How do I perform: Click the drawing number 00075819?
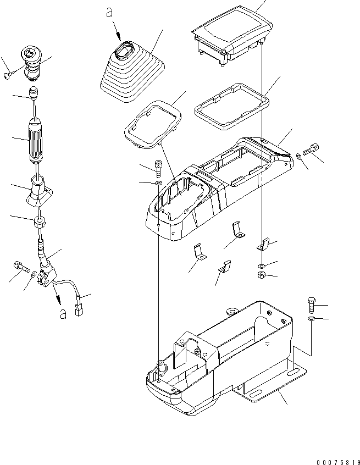331,447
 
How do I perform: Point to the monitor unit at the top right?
230,36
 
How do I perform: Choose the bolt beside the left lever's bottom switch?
20,267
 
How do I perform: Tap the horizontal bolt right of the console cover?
311,149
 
